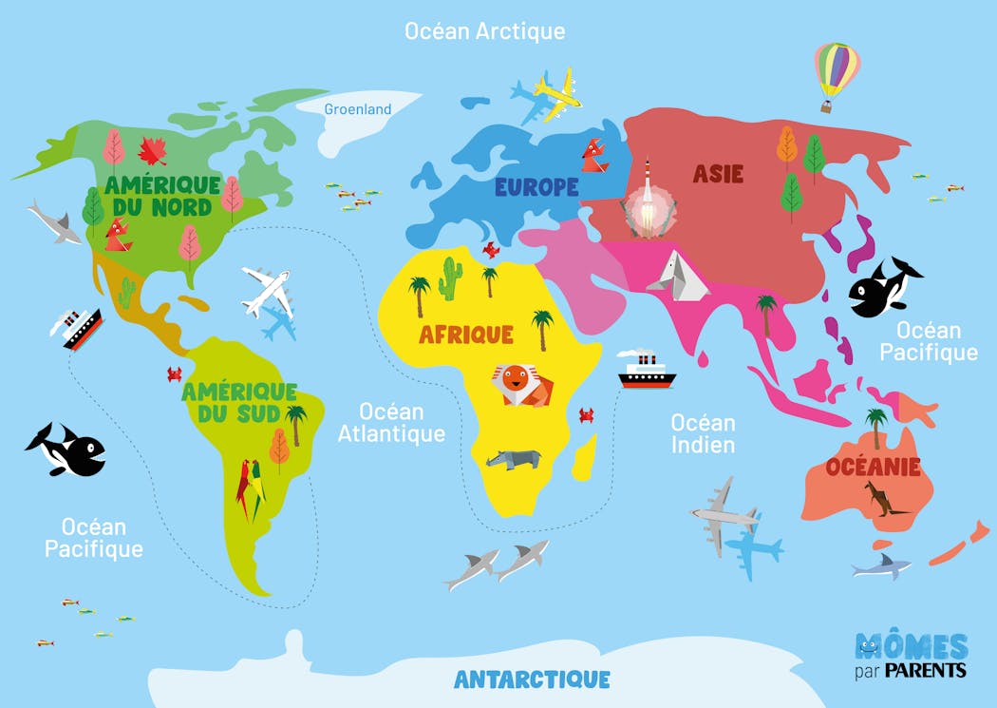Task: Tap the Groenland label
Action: (358, 109)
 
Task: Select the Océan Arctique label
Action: (484, 30)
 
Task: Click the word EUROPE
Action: (536, 187)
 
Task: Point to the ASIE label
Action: (718, 174)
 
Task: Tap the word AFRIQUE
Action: (466, 335)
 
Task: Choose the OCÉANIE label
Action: (873, 467)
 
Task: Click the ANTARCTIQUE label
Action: (532, 679)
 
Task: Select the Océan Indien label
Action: (703, 432)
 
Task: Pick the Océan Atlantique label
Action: (391, 423)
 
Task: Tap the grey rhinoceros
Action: (513, 459)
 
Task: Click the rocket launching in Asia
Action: (646, 202)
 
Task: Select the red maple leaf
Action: (152, 150)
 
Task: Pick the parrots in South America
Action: (252, 488)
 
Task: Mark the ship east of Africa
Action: (647, 370)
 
